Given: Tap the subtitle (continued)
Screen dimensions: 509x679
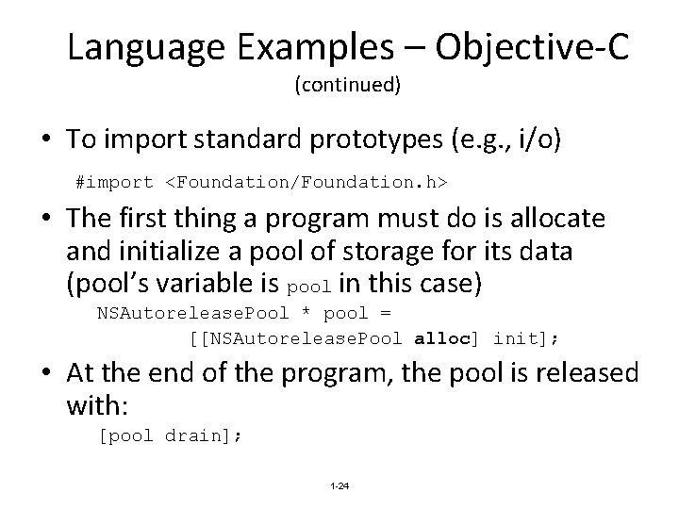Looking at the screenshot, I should click(348, 86).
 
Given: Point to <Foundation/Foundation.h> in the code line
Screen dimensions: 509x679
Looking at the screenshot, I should click(295, 179).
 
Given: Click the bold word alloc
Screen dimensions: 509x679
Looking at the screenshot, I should click(441, 338).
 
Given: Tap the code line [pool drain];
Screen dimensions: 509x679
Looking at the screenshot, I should click(171, 435).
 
